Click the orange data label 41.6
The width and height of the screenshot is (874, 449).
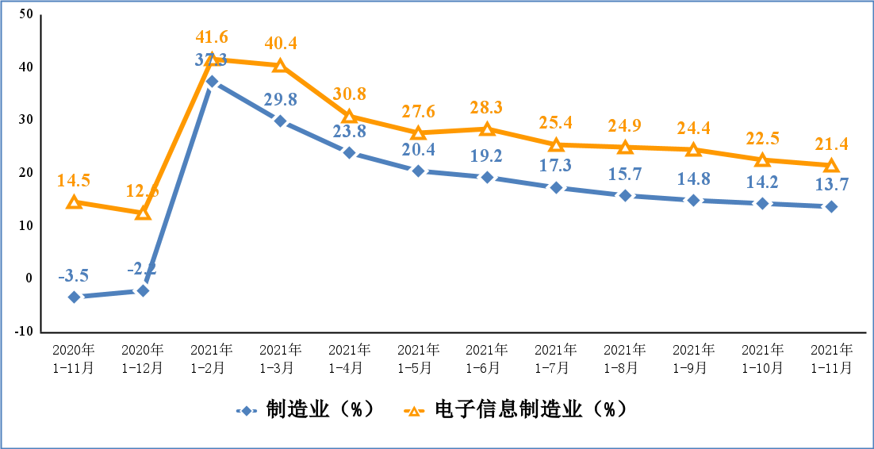(212, 37)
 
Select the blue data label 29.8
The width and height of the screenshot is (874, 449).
(281, 99)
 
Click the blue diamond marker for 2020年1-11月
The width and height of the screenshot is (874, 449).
(75, 297)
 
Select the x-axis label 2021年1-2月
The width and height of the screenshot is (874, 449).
(212, 359)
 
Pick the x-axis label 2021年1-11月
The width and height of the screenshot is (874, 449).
(831, 359)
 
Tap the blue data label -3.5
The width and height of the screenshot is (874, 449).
(74, 276)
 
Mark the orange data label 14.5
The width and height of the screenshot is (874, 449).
(74, 181)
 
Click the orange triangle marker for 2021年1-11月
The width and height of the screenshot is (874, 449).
(831, 165)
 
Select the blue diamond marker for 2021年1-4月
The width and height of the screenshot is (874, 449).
(350, 152)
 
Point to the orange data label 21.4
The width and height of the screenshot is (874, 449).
(830, 144)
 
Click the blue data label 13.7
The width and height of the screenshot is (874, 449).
(830, 186)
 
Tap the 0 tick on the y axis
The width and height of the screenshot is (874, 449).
(29, 278)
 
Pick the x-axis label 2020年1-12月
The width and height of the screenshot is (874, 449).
(143, 359)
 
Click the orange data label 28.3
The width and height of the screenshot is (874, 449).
(487, 107)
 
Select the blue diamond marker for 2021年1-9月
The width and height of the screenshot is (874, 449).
(693, 200)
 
